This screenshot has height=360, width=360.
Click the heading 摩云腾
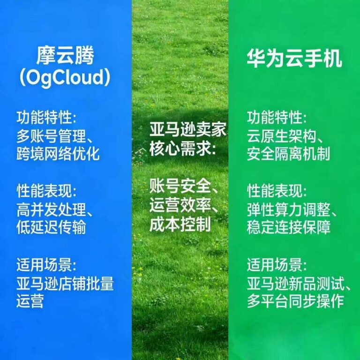tap(65, 56)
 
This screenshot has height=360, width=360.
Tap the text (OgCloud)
tap(65, 77)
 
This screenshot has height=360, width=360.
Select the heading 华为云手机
tap(294, 60)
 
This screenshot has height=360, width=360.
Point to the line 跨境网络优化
tap(58, 154)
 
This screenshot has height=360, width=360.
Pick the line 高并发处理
tap(54, 210)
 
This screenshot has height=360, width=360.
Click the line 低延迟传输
tap(51, 227)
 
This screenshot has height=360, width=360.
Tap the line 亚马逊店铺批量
tap(65, 283)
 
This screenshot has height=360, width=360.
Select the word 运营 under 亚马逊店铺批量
tap(30, 300)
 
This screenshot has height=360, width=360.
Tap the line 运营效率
tap(183, 206)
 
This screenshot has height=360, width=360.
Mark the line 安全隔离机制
tap(288, 154)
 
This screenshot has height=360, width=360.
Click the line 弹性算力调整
tap(295, 210)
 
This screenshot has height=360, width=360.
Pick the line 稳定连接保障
tap(288, 227)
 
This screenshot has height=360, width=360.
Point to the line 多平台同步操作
tap(295, 300)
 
